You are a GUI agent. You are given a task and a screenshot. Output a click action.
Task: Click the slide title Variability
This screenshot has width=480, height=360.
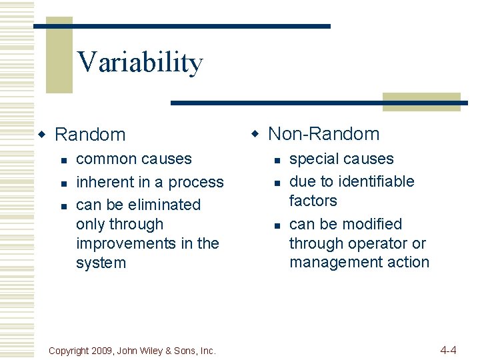coord(140,62)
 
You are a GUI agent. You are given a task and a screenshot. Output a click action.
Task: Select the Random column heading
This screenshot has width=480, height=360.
coord(89,135)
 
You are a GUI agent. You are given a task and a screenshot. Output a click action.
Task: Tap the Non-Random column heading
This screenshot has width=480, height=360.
coord(323,134)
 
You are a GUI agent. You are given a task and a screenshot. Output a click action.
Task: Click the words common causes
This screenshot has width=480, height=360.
coord(134,159)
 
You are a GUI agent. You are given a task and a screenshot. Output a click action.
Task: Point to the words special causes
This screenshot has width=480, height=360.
coord(341,159)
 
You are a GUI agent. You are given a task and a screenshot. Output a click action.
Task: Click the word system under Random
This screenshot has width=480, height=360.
coord(101,263)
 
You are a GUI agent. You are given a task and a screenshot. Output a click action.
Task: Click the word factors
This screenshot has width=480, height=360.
coord(313,201)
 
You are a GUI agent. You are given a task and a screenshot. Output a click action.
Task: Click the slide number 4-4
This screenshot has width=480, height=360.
coord(448,350)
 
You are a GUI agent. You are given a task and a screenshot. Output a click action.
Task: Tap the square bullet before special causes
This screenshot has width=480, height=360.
coord(276,160)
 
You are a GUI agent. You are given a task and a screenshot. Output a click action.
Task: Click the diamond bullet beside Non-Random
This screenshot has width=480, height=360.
coord(254,135)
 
